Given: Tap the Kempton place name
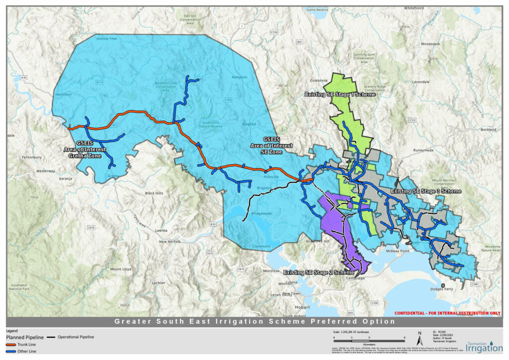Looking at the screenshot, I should click(x=240, y=78).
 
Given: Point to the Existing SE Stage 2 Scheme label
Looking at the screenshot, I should click(x=319, y=272).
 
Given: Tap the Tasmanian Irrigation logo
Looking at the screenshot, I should click(x=485, y=346).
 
